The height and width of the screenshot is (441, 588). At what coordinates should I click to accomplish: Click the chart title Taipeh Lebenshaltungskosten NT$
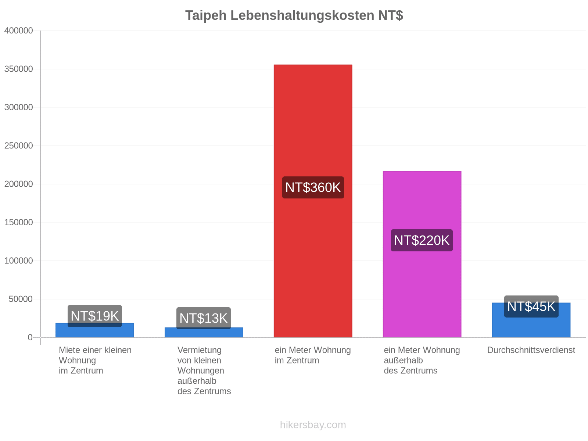pyautogui.click(x=294, y=15)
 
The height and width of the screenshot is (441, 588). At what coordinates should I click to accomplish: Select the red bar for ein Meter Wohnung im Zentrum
pyautogui.click(x=313, y=201)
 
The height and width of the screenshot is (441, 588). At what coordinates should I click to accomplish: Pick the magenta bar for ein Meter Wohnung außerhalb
pyautogui.click(x=422, y=254)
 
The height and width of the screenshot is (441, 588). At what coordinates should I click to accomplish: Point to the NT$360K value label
pyautogui.click(x=313, y=187)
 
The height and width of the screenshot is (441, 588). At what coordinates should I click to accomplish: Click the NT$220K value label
pyautogui.click(x=422, y=240)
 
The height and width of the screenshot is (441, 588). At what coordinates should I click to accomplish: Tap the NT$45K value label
pyautogui.click(x=531, y=306)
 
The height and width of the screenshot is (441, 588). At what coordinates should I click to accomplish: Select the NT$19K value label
pyautogui.click(x=94, y=316)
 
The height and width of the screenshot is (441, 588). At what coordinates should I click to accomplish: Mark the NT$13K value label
pyautogui.click(x=204, y=318)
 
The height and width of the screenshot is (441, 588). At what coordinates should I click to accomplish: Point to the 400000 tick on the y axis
pyautogui.click(x=18, y=31)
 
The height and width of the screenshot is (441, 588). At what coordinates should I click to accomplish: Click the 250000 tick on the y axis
pyautogui.click(x=18, y=146)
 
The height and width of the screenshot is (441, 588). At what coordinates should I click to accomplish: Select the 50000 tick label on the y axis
pyautogui.click(x=21, y=299)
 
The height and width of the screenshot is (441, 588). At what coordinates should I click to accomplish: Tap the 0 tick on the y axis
pyautogui.click(x=30, y=337)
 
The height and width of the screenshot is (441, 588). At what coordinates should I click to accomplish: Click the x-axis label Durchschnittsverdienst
pyautogui.click(x=531, y=350)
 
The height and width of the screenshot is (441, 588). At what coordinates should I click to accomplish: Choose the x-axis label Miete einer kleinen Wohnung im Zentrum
pyautogui.click(x=95, y=360)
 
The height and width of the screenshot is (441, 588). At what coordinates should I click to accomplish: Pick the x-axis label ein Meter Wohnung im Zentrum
pyautogui.click(x=313, y=355)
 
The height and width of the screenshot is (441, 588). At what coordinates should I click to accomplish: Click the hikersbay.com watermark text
pyautogui.click(x=313, y=425)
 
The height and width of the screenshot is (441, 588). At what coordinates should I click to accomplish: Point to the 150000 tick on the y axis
pyautogui.click(x=18, y=222)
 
